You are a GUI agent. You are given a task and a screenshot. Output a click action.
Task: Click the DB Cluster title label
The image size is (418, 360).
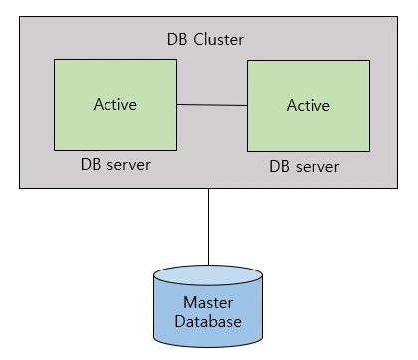tap(205, 39)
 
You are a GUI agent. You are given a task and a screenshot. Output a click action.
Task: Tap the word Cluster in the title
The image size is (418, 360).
tap(218, 39)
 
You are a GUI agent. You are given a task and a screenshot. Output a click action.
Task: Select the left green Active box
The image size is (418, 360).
tap(115, 104)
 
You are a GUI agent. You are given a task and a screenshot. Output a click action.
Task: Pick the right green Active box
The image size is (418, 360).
tap(309, 105)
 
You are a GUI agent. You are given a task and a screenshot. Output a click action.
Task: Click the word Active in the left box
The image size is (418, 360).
tap(115, 104)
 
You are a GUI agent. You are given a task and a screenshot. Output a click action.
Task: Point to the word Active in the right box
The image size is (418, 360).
tap(309, 105)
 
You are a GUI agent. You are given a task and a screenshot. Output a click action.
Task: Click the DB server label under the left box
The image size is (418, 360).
tap(115, 164)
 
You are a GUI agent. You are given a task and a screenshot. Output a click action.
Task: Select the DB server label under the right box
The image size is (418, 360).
tap(305, 166)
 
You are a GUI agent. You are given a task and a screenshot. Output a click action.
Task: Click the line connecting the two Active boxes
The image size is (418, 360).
tap(212, 105)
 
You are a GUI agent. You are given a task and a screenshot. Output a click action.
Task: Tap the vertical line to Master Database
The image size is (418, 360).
tap(208, 227)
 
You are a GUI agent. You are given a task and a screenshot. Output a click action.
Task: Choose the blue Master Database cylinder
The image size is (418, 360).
tap(208, 306)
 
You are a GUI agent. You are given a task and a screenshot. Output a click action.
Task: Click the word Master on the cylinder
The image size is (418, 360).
tap(208, 302)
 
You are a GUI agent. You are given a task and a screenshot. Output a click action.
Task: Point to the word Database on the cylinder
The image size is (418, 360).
tap(208, 321)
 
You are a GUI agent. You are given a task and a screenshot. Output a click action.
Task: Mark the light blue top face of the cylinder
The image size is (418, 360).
tap(208, 274)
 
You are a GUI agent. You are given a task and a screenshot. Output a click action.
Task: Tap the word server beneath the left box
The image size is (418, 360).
tap(129, 165)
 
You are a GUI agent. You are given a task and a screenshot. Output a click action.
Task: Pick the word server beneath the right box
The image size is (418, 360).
tap(317, 167)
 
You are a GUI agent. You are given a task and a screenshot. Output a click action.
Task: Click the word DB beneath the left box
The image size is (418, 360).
tap(91, 164)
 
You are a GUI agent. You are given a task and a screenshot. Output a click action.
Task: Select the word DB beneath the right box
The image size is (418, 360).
tap(279, 166)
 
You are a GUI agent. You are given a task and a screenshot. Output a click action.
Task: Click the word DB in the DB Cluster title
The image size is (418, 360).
tap(177, 39)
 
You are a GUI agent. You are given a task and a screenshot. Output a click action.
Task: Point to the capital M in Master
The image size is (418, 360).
tap(190, 302)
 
